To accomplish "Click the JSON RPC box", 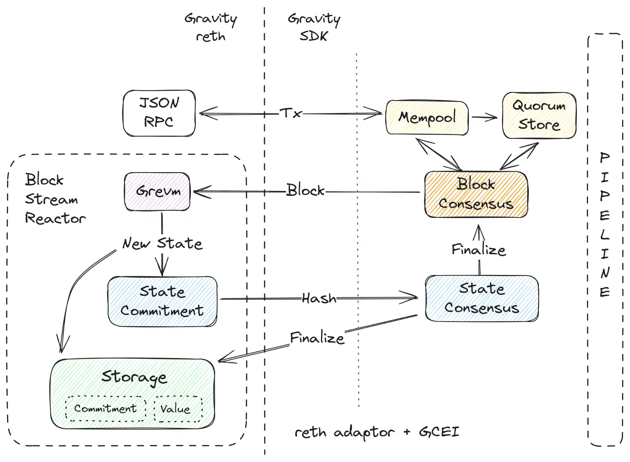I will click(x=159, y=113).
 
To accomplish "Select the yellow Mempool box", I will click(x=427, y=118).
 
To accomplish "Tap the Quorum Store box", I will click(x=539, y=115).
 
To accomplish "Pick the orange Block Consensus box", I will click(x=476, y=194).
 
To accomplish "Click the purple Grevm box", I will click(x=158, y=191).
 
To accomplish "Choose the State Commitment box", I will click(x=162, y=301).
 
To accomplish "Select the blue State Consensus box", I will click(x=482, y=298).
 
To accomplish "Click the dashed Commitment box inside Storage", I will click(x=106, y=408).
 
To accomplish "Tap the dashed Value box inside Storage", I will click(x=178, y=409).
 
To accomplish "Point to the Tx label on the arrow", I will click(x=291, y=113).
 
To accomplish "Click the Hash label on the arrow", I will click(x=319, y=298).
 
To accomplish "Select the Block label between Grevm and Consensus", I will click(x=305, y=190).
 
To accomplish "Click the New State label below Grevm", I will click(x=162, y=244).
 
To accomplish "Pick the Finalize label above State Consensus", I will click(x=478, y=250).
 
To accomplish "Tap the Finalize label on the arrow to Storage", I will click(x=317, y=338).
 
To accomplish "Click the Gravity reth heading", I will click(x=211, y=27).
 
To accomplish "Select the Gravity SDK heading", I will click(x=314, y=27).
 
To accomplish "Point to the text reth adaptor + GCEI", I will click(x=377, y=432).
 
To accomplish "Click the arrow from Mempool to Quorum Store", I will click(x=484, y=118).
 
